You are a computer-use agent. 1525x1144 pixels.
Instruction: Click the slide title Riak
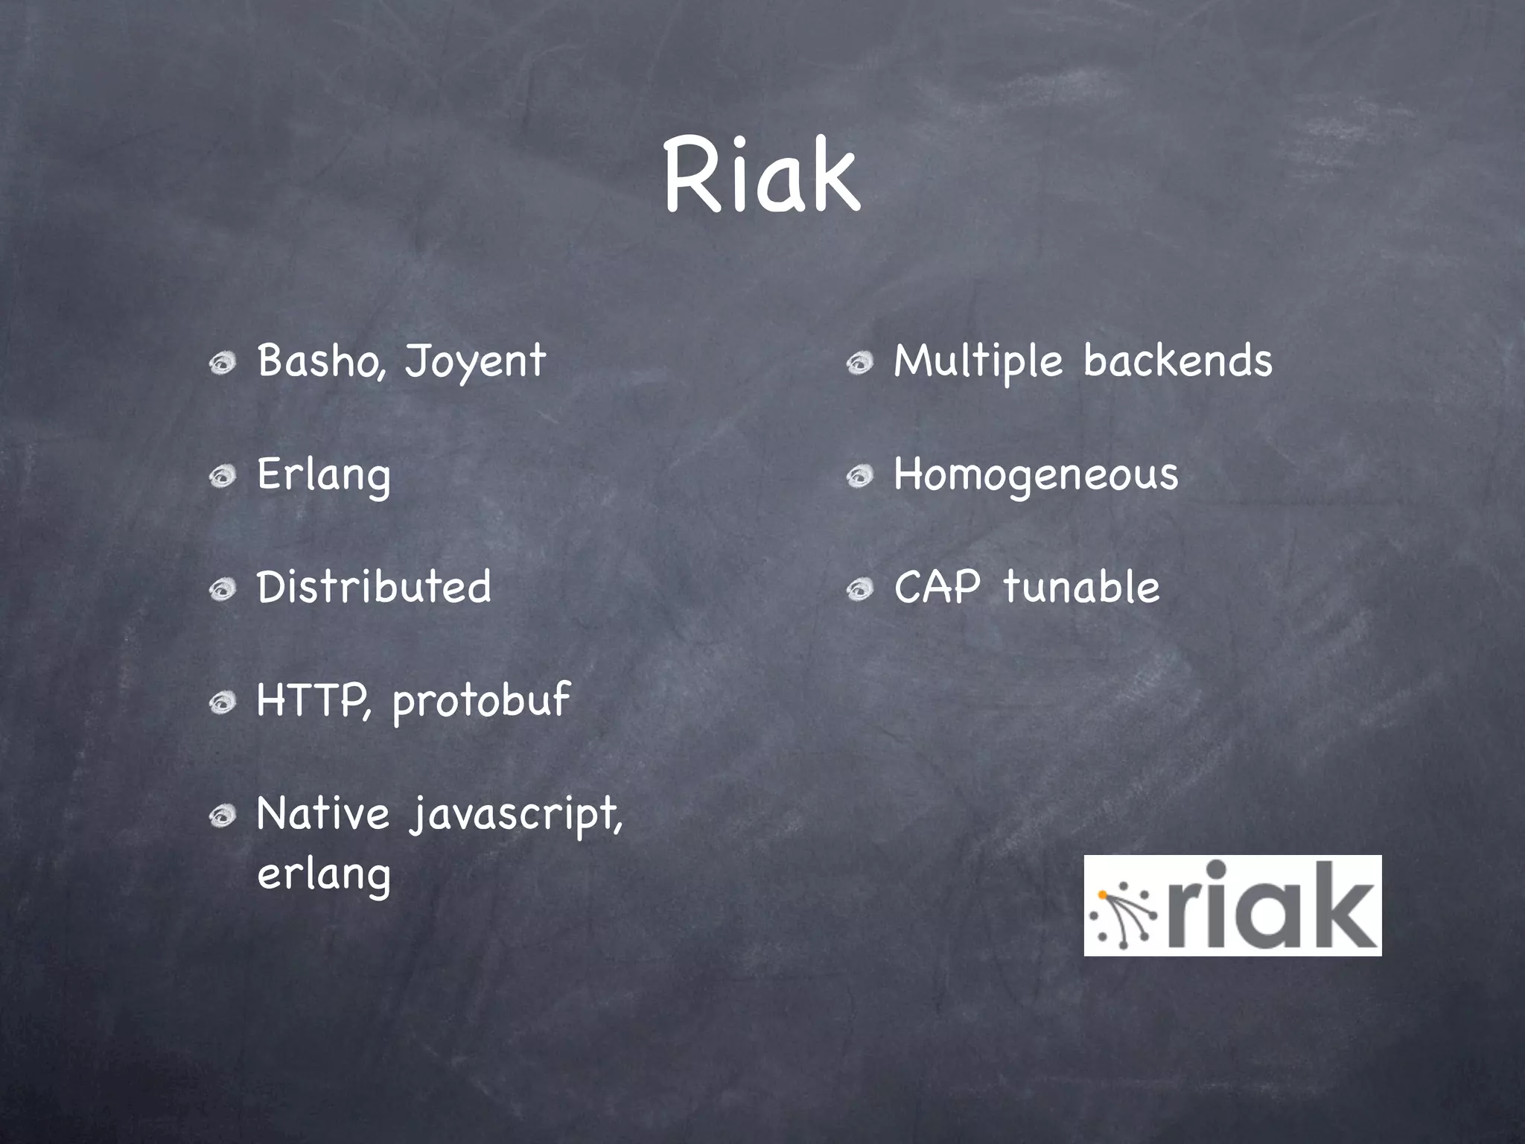[761, 176]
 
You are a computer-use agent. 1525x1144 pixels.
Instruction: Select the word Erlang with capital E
[323, 475]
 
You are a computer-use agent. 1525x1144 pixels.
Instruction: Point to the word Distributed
[374, 587]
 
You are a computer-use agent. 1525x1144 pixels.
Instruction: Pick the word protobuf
[481, 701]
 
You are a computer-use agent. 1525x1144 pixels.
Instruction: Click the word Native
[322, 813]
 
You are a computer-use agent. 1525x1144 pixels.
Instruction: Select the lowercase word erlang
[323, 874]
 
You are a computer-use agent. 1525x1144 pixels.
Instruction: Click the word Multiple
[978, 362]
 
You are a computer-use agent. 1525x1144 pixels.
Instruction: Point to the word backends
[1178, 361]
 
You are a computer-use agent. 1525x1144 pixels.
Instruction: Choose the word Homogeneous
[1036, 475]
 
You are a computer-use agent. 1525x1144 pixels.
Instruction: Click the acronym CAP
[937, 587]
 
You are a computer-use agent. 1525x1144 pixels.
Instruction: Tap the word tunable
[1081, 587]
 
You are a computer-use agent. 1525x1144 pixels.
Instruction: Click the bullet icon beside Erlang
[222, 476]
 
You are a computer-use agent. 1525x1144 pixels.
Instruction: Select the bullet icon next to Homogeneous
[859, 476]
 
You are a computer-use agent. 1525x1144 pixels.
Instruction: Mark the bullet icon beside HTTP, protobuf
[222, 702]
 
